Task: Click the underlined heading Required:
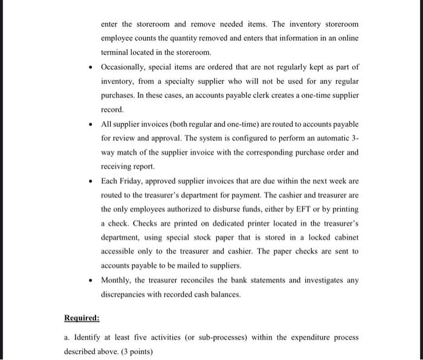pyautogui.click(x=82, y=318)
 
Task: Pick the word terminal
pyautogui.click(x=117, y=53)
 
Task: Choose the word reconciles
pyautogui.click(x=190, y=280)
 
